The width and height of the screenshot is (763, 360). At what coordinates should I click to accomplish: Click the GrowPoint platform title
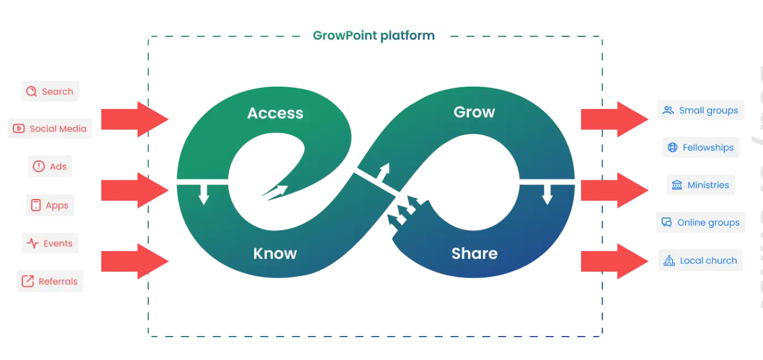point(374,36)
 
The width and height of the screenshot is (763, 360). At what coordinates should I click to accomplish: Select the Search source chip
point(50,91)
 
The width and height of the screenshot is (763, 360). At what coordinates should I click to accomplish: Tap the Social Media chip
point(50,129)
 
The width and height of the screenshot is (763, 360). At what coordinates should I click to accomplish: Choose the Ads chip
point(50,166)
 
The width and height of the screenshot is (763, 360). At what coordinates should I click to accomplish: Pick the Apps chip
point(50,205)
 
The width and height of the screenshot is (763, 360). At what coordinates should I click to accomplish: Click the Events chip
point(50,244)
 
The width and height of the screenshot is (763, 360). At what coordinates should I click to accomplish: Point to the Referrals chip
point(50,282)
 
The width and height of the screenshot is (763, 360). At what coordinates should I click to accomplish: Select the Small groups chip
point(700,110)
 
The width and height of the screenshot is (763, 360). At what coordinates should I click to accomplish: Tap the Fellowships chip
point(701,148)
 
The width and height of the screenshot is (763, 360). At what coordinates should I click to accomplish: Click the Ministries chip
point(701,185)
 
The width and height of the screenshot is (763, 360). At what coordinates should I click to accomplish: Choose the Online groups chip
point(700,222)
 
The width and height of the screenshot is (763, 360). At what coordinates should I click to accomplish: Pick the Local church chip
point(700,260)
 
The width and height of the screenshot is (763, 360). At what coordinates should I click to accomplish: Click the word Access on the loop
point(275,113)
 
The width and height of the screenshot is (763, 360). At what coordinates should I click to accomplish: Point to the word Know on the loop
point(275,253)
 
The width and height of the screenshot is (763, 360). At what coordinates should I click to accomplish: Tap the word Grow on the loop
point(474,112)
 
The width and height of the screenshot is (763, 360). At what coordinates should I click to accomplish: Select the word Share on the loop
point(474,253)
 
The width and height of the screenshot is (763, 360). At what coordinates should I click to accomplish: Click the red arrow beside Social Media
point(135,119)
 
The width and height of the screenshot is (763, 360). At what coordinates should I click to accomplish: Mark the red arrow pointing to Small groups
point(614,119)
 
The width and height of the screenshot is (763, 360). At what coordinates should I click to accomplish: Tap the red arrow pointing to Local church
point(614,261)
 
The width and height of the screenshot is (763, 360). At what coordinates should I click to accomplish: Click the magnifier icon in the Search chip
point(32,91)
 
